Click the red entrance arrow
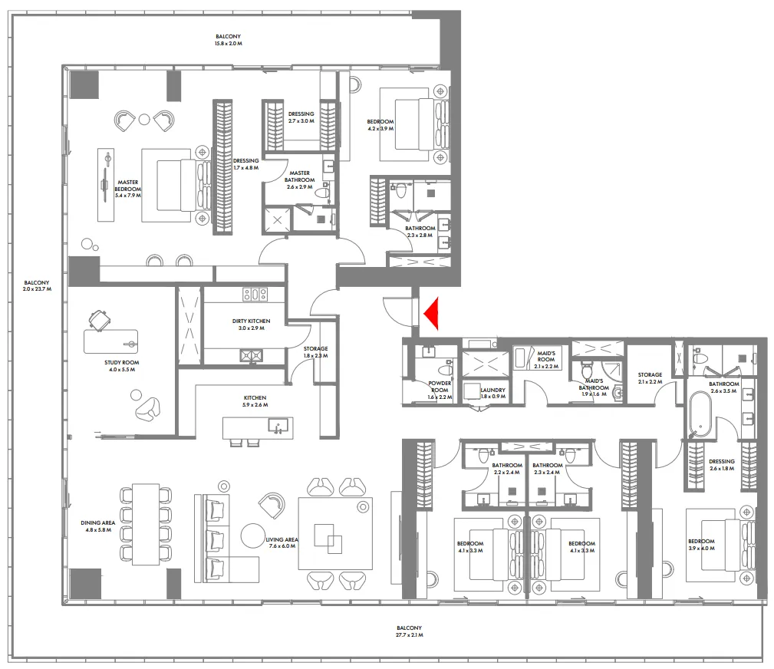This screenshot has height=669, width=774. (432, 312)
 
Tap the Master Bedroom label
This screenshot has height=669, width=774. (128, 185)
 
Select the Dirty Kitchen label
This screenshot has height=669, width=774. (249, 324)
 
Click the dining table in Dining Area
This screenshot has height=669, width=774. (143, 523)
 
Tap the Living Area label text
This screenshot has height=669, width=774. (282, 543)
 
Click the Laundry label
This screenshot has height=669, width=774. (493, 392)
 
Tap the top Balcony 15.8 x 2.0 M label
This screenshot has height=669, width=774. (228, 40)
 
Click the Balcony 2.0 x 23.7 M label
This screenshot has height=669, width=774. (36, 285)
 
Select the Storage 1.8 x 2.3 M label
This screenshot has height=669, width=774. (315, 351)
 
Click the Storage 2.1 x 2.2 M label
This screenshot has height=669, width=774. (650, 378)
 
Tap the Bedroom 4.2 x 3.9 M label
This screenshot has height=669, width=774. (380, 125)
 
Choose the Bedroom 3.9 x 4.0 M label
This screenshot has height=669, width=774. (701, 545)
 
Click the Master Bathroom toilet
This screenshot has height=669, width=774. (321, 194)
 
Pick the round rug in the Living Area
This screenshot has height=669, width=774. (252, 534)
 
